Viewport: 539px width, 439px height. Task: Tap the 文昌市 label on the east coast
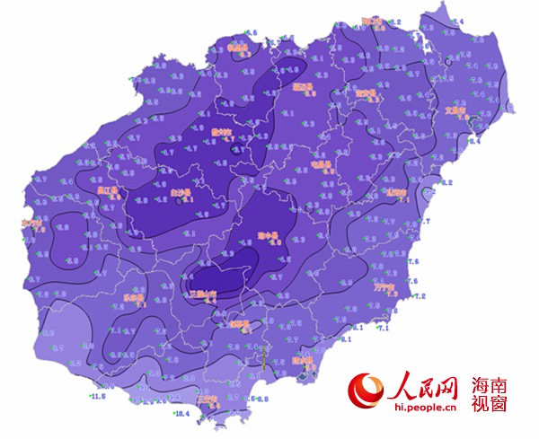459,112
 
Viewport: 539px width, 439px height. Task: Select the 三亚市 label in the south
207,399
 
